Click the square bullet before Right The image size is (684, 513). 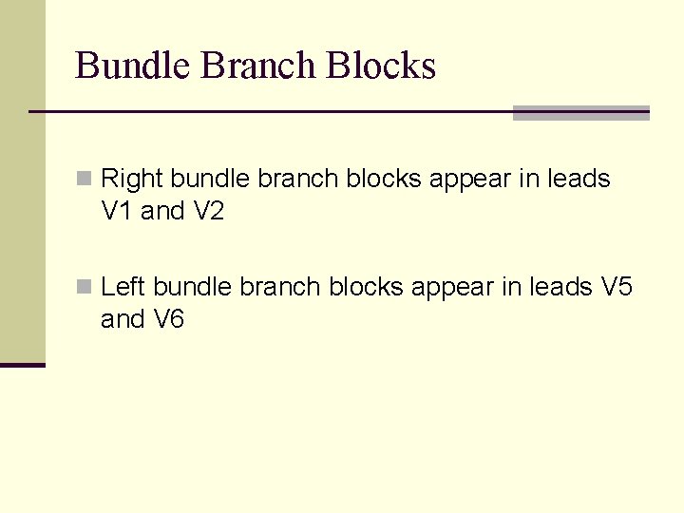click(x=84, y=179)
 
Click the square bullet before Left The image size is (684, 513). click(x=84, y=287)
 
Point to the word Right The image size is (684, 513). click(x=132, y=180)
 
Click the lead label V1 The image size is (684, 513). click(x=117, y=212)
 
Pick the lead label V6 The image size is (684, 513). click(x=168, y=320)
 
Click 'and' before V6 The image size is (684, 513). click(x=123, y=320)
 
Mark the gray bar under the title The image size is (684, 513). click(x=580, y=113)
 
